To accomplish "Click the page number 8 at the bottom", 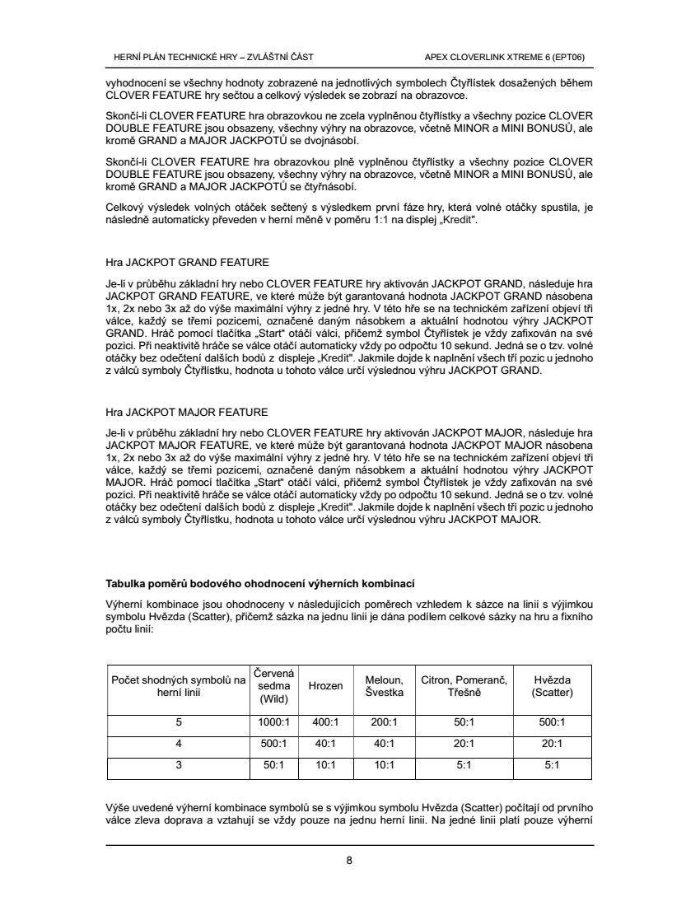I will [349, 862].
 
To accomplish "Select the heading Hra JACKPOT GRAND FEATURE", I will [187, 263].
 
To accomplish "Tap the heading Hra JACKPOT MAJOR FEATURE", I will [187, 411].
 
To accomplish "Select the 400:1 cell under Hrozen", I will [326, 722].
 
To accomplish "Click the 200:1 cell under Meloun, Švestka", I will [384, 722].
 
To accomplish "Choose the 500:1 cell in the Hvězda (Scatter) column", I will [552, 722].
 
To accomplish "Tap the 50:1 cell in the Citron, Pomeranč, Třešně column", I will [464, 722].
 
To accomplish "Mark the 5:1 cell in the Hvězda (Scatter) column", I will [552, 764].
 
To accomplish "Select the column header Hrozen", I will [326, 685].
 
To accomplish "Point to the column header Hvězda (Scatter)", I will [552, 685].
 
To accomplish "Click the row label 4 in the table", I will [179, 743].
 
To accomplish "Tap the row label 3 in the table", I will [179, 764].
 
